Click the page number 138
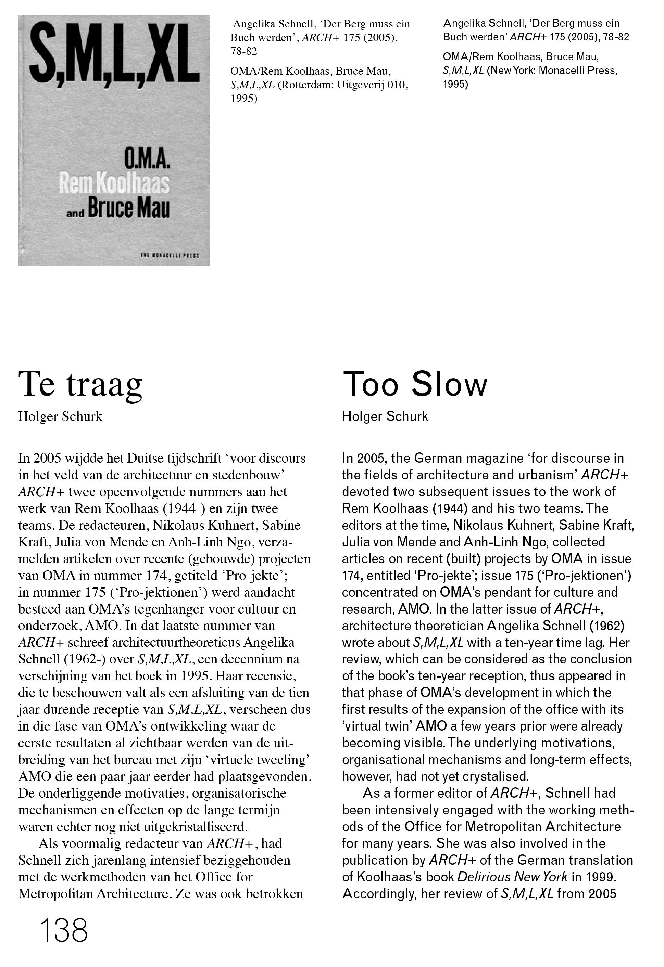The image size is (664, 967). [64, 930]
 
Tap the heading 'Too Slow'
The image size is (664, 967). [415, 384]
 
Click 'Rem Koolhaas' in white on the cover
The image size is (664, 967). [114, 183]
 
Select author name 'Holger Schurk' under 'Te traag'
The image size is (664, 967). [60, 416]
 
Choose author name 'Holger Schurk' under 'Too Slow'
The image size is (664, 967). [385, 416]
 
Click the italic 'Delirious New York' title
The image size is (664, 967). [512, 877]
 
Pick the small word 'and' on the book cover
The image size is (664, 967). [75, 214]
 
